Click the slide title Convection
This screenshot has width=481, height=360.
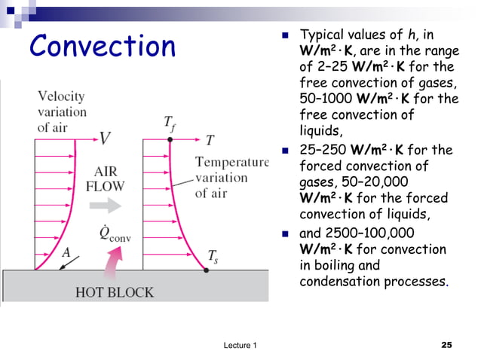(x=102, y=47)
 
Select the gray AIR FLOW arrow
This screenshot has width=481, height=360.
(x=115, y=205)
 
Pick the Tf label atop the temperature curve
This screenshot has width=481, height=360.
(x=171, y=124)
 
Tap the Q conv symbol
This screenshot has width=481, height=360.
(x=115, y=233)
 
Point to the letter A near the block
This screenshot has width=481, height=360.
(x=66, y=253)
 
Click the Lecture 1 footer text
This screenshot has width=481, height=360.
(x=240, y=345)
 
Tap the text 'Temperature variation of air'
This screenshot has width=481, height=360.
(x=231, y=178)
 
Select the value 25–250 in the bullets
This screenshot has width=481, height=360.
(x=328, y=150)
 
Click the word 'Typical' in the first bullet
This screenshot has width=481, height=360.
(x=324, y=35)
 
